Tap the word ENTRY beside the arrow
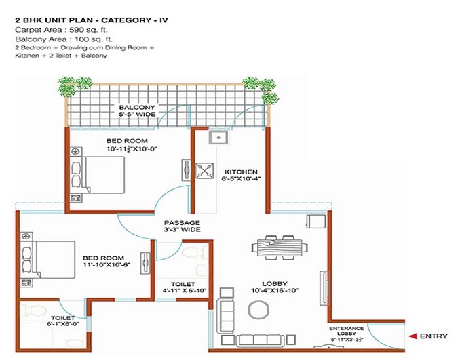coord(434,336)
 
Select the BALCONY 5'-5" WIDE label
coord(137,111)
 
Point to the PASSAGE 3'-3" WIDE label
coord(181,226)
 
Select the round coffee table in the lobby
coord(258,310)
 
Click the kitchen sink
coord(218,139)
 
